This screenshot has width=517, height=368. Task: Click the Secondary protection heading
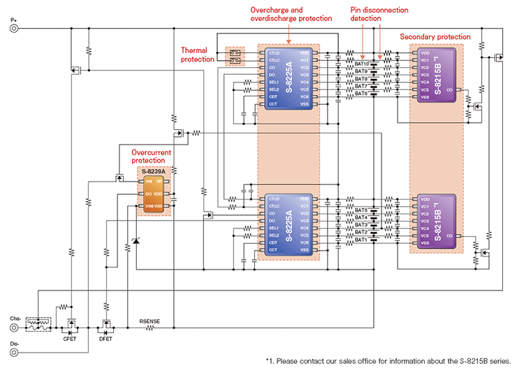(x=435, y=36)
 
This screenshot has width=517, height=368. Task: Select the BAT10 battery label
(x=362, y=64)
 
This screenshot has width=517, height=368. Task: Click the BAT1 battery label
(x=361, y=240)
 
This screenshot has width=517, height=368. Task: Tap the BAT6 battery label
(x=361, y=93)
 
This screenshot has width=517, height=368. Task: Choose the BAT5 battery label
(x=361, y=210)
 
